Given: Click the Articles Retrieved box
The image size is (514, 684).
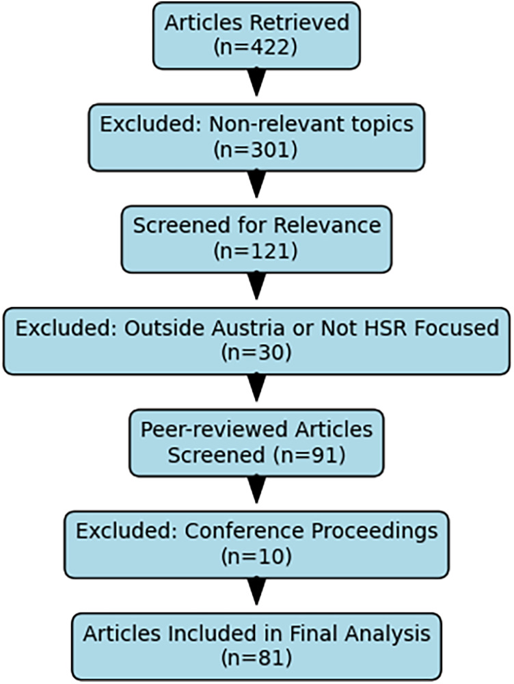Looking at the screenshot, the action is tap(256, 36).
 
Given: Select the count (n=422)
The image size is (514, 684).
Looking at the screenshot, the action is tap(256, 47).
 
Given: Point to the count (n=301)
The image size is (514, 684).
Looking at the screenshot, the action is tap(256, 149).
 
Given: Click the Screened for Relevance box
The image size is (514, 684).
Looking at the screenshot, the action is tap(256, 239).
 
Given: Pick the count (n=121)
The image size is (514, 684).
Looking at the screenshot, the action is tap(256, 251).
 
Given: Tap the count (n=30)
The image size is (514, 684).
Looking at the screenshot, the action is tap(256, 353).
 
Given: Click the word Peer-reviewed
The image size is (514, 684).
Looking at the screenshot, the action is tap(215, 430).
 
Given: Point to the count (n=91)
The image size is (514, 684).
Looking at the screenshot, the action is tap(309, 455).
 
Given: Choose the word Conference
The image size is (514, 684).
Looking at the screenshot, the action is tap(244, 531).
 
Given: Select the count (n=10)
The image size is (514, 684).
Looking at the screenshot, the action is tap(256, 557).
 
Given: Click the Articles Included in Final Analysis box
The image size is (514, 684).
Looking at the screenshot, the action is tap(256, 647).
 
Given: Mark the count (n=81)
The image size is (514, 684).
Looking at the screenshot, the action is tap(256, 659).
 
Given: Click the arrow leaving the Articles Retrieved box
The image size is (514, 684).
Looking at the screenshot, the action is tap(256, 82).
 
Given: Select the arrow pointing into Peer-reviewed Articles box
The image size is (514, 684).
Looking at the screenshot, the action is tap(256, 387).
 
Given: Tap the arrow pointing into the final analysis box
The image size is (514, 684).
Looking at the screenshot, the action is tap(256, 591).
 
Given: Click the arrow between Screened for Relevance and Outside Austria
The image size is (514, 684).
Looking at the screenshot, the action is tap(256, 286).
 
